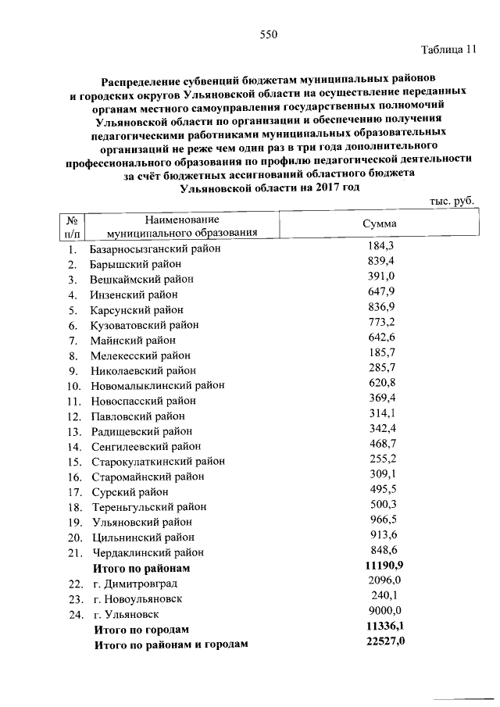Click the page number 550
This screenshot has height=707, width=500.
point(269,34)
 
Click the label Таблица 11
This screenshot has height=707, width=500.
point(448,52)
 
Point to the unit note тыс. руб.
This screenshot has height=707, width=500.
point(452,202)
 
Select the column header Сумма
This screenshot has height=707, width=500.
point(380,224)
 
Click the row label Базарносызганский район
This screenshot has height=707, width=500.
point(155,249)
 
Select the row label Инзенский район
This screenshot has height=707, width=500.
point(134,295)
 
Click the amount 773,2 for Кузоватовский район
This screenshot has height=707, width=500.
point(381,322)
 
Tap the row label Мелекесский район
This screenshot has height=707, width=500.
point(141,355)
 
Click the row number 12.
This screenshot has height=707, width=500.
point(74,416)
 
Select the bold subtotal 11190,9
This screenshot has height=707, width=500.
point(384,565)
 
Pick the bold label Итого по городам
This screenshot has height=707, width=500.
point(141,630)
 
